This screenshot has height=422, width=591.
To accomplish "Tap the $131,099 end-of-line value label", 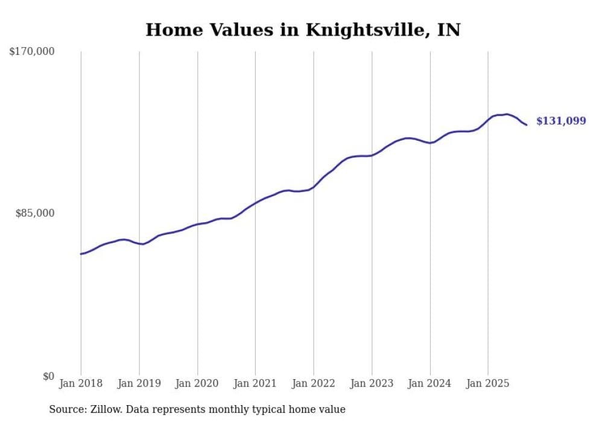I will point(561,121).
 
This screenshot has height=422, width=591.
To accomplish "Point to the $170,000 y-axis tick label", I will point(32,52).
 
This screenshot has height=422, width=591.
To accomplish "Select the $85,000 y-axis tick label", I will point(35,213).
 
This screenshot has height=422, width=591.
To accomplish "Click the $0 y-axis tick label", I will point(48,376).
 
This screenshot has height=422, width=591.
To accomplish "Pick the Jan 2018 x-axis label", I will point(81,383).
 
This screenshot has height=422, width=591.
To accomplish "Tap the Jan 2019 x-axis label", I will point(139,383).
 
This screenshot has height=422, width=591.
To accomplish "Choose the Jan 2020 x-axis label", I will point(197,383).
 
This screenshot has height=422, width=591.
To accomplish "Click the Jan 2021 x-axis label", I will point(255,383).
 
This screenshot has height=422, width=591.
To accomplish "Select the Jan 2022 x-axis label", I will point(314,383).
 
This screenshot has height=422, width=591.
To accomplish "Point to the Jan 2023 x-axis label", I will point(372,383).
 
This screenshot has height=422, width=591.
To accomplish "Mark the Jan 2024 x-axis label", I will point(430,383).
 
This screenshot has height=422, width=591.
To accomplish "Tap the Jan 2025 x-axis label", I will point(488,383).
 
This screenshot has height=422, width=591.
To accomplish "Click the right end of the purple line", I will point(526,125).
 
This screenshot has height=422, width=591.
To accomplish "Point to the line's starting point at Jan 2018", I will point(81,254).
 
